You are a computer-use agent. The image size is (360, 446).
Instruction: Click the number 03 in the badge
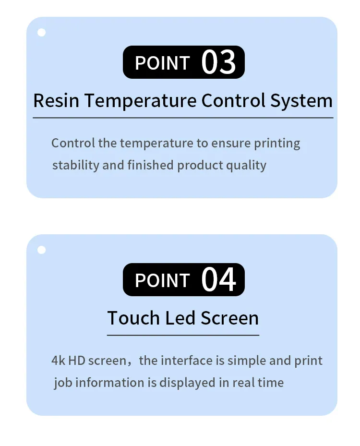pos(218,62)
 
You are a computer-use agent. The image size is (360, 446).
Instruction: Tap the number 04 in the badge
pos(218,280)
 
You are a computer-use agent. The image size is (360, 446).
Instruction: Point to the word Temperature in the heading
pos(143,101)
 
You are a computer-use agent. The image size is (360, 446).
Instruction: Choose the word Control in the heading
pos(234,101)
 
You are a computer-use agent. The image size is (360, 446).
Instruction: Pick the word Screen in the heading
pos(229,318)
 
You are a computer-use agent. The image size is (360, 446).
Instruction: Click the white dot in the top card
pos(42,33)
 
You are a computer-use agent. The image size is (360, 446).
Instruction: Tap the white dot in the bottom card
pos(42,250)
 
